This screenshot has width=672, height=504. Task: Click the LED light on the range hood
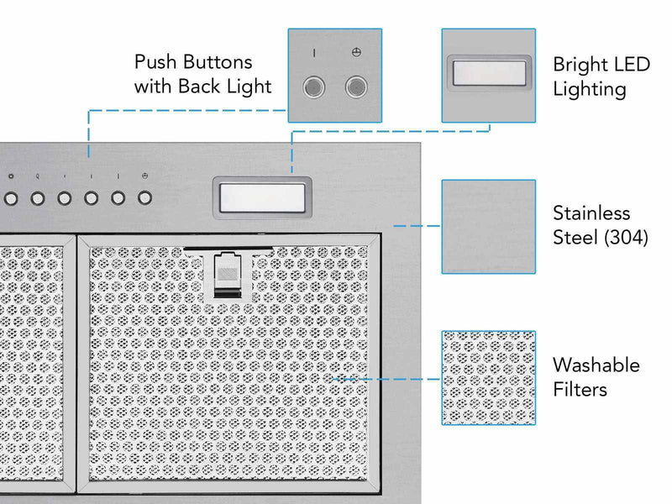pos(260,197)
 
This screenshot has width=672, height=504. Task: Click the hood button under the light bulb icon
pos(38,199)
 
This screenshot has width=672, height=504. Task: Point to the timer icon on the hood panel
pos(145,176)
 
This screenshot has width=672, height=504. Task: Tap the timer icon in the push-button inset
pos(356,53)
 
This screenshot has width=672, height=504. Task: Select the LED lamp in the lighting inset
pos(488,73)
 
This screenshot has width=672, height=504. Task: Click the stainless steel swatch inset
pos(488,226)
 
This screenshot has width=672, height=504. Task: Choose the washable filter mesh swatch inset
pos(488,378)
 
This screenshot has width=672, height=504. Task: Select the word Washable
pos(596,365)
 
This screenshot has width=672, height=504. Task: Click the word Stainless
pos(591,213)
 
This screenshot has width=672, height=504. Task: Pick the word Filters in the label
pos(580,390)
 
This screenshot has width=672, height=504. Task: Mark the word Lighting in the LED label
pos(589,89)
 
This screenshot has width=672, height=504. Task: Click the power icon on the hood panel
pos(10,176)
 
